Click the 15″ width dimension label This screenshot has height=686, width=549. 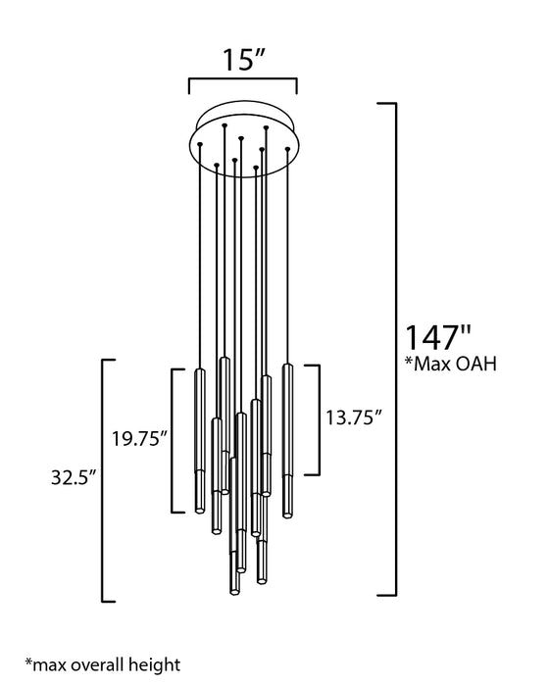point(244,59)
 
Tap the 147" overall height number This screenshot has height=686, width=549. point(438,337)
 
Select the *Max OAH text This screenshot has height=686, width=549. point(451,364)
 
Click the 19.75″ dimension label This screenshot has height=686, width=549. point(139,438)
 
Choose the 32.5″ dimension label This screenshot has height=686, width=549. point(74,477)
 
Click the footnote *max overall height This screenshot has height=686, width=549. point(102,664)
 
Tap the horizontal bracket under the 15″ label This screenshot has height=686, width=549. point(243,79)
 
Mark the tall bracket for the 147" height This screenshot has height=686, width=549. point(396,349)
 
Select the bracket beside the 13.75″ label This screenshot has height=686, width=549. point(319,419)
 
